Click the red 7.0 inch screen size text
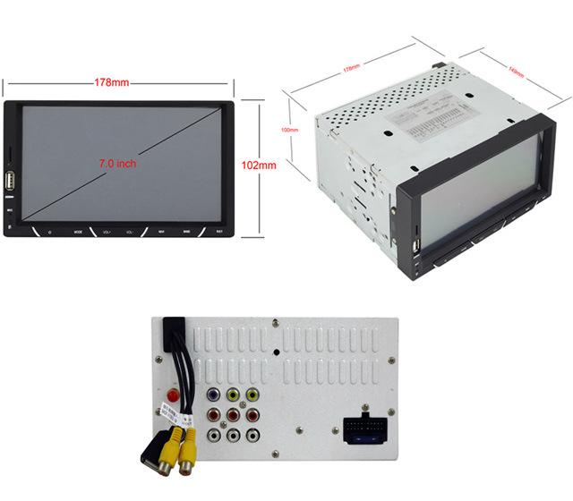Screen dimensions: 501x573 (x=117, y=164)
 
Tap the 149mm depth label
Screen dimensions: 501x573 (x=517, y=72)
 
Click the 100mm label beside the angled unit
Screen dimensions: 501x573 (x=289, y=130)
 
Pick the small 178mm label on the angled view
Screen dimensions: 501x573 (x=352, y=67)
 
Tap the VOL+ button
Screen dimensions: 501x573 (x=106, y=233)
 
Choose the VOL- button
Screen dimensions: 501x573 (x=131, y=233)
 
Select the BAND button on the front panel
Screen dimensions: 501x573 (x=187, y=233)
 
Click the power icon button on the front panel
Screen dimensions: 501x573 (x=49, y=233)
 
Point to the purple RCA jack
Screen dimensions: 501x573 (x=213, y=392)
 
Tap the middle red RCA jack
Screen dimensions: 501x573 (x=232, y=413)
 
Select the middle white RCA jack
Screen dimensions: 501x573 (x=233, y=435)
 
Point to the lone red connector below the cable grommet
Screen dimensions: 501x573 (x=171, y=394)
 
